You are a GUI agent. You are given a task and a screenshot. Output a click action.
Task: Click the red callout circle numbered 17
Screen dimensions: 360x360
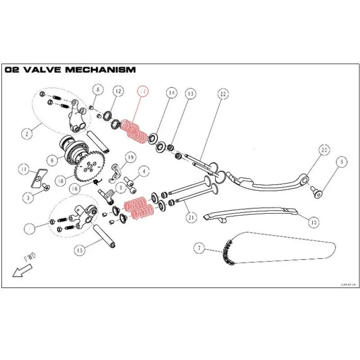[x=143, y=92]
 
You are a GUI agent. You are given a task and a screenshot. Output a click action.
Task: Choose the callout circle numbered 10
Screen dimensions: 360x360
[x=314, y=221]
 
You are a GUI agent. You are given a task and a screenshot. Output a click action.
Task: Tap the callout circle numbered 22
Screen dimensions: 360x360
[x=222, y=94]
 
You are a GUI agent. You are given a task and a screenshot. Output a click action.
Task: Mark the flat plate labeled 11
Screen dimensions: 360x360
[x=39, y=178]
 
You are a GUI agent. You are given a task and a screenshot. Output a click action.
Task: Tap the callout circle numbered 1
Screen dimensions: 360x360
[x=30, y=228]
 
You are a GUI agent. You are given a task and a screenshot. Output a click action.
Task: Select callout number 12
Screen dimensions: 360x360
[x=117, y=92]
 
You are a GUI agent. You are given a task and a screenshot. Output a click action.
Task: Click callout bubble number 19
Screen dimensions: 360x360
[x=130, y=157]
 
